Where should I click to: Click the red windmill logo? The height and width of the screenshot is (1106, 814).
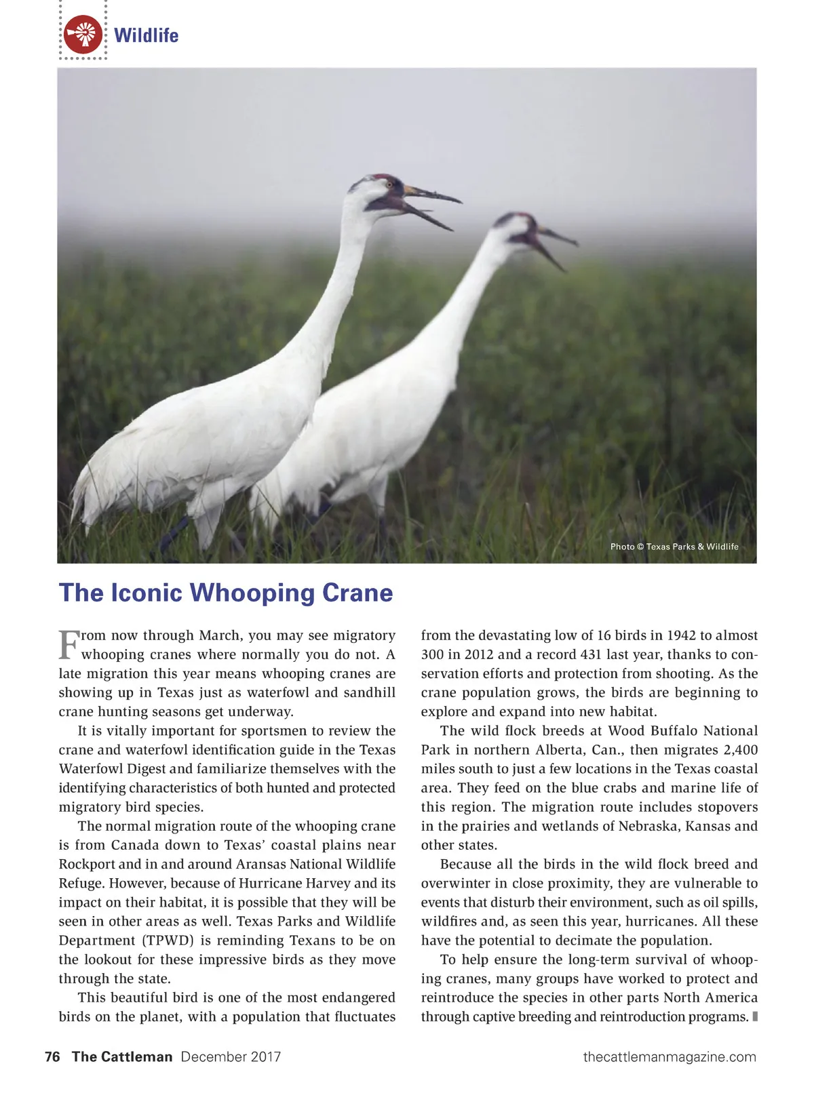(83, 35)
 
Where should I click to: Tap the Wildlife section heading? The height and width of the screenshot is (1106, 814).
(147, 35)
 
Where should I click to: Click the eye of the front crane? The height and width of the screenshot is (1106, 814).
(389, 184)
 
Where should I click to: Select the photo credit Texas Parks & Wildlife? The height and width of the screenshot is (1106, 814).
(674, 547)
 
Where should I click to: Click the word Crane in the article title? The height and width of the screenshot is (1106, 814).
(357, 593)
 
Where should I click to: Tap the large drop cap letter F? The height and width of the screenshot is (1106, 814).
(69, 645)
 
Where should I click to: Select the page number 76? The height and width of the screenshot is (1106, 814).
(52, 1056)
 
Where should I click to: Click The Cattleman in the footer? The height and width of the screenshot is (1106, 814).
(122, 1056)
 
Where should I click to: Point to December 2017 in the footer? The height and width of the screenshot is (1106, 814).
(231, 1056)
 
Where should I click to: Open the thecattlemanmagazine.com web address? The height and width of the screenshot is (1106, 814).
(670, 1056)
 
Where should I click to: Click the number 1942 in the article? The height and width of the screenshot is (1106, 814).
(681, 635)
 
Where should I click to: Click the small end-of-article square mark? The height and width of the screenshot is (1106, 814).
(755, 1016)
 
